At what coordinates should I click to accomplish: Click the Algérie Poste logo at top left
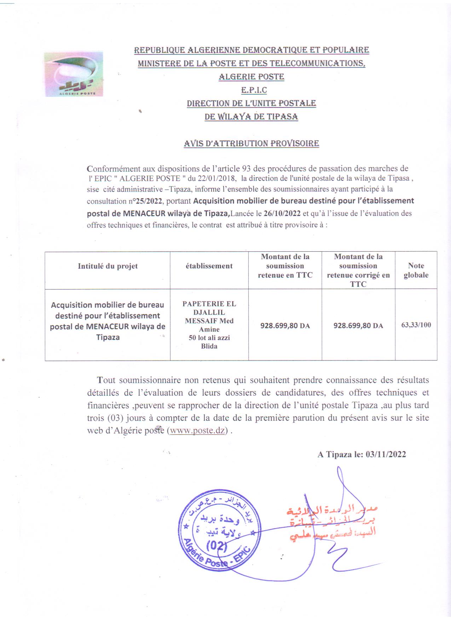pyautogui.click(x=74, y=74)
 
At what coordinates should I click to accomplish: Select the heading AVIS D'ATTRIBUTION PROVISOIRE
pyautogui.click(x=251, y=143)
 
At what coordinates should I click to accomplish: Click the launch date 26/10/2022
pyautogui.click(x=282, y=214)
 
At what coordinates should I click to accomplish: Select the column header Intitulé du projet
pyautogui.click(x=108, y=266)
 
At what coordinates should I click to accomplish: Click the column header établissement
pyautogui.click(x=209, y=266)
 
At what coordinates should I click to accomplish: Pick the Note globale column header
pyautogui.click(x=416, y=270)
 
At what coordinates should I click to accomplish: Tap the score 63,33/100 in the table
pyautogui.click(x=416, y=325)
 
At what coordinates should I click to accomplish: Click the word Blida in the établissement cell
pyautogui.click(x=209, y=346)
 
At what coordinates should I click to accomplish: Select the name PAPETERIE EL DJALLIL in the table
pyautogui.click(x=209, y=308)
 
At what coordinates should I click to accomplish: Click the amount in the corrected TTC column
pyautogui.click(x=358, y=326)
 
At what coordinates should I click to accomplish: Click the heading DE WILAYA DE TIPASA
pyautogui.click(x=251, y=117)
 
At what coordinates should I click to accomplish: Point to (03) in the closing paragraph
pyautogui.click(x=116, y=418)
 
